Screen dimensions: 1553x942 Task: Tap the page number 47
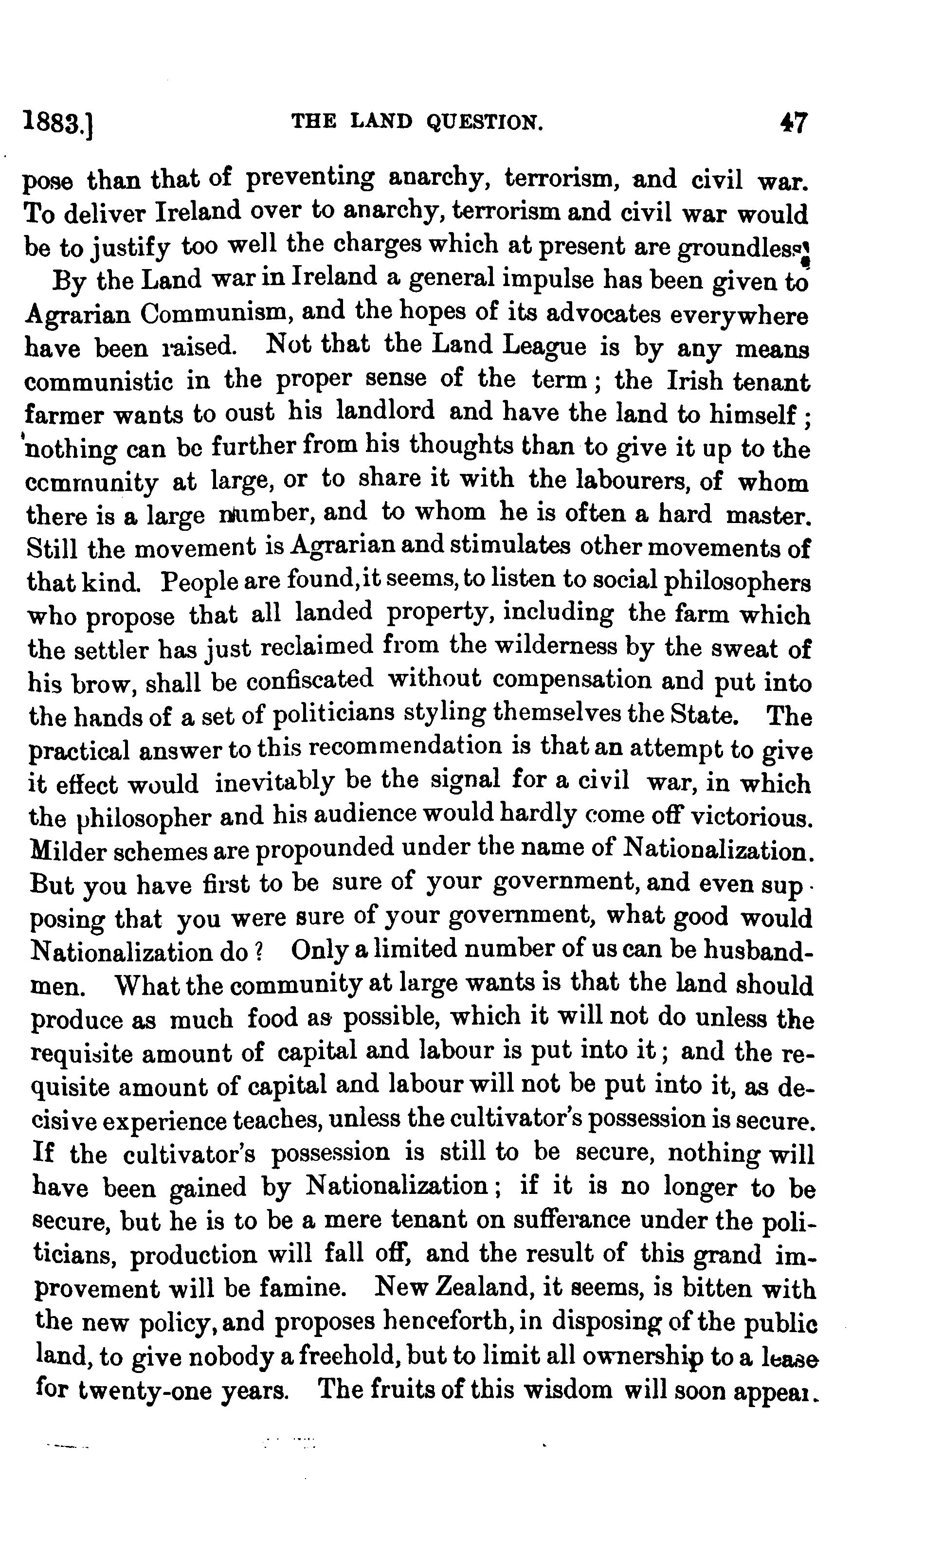tap(793, 122)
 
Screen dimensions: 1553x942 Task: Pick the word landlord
tap(385, 412)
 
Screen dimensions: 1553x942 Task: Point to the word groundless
tap(741, 248)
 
